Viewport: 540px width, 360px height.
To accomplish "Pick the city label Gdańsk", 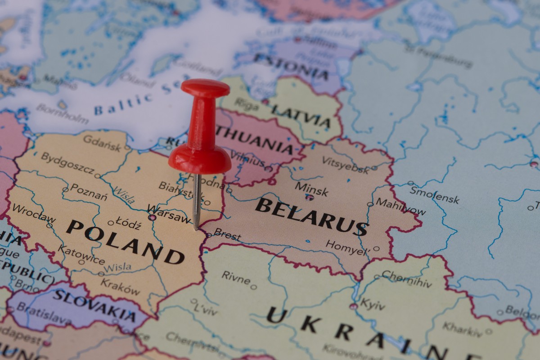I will (102, 143).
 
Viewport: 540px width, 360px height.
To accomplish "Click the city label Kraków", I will (120, 287).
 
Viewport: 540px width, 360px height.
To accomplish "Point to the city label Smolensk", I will (434, 194).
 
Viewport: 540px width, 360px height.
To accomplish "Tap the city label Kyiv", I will (372, 305).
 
